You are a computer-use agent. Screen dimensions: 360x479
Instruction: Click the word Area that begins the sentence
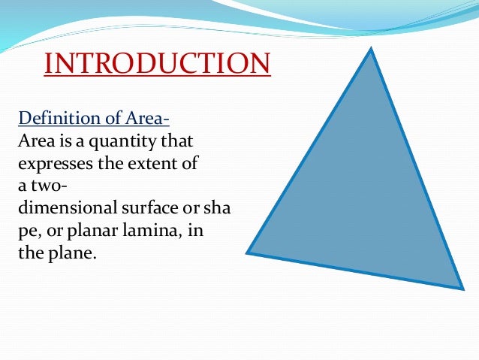tap(35, 141)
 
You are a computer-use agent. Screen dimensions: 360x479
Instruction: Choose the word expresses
tap(51, 163)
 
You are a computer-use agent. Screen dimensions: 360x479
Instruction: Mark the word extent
tap(152, 162)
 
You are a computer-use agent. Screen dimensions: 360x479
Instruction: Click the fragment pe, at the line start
tap(30, 229)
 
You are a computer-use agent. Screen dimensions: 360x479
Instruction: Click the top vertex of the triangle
tap(371, 50)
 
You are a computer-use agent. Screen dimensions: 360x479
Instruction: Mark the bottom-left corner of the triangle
tap(248, 253)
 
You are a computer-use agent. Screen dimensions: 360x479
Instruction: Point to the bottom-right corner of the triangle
tap(462, 288)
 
